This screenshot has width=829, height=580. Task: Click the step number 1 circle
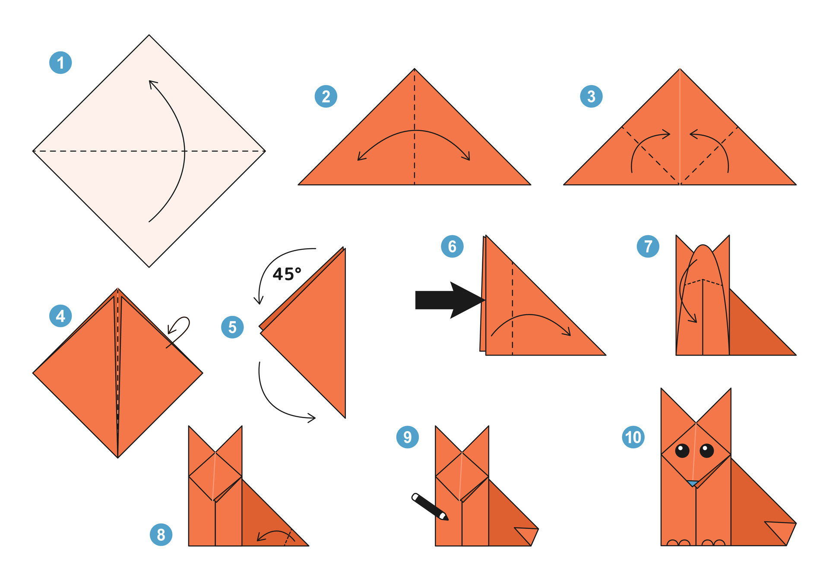point(60,63)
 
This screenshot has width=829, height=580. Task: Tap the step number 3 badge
point(591,96)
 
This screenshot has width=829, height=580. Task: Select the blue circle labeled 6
point(452,246)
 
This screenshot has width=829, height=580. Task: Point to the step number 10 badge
point(633,437)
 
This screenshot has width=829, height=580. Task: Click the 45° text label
point(287,274)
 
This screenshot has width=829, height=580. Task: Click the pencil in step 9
point(430,507)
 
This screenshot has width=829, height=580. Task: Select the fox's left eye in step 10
point(682,451)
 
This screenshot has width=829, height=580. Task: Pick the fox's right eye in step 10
point(707,451)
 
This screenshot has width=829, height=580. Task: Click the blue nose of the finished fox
point(693,483)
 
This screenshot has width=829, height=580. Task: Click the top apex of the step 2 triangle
point(414,69)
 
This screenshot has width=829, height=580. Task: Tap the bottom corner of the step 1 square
point(149,266)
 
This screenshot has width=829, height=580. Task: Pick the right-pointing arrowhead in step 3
point(667,135)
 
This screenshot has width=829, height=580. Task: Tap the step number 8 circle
point(161,535)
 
